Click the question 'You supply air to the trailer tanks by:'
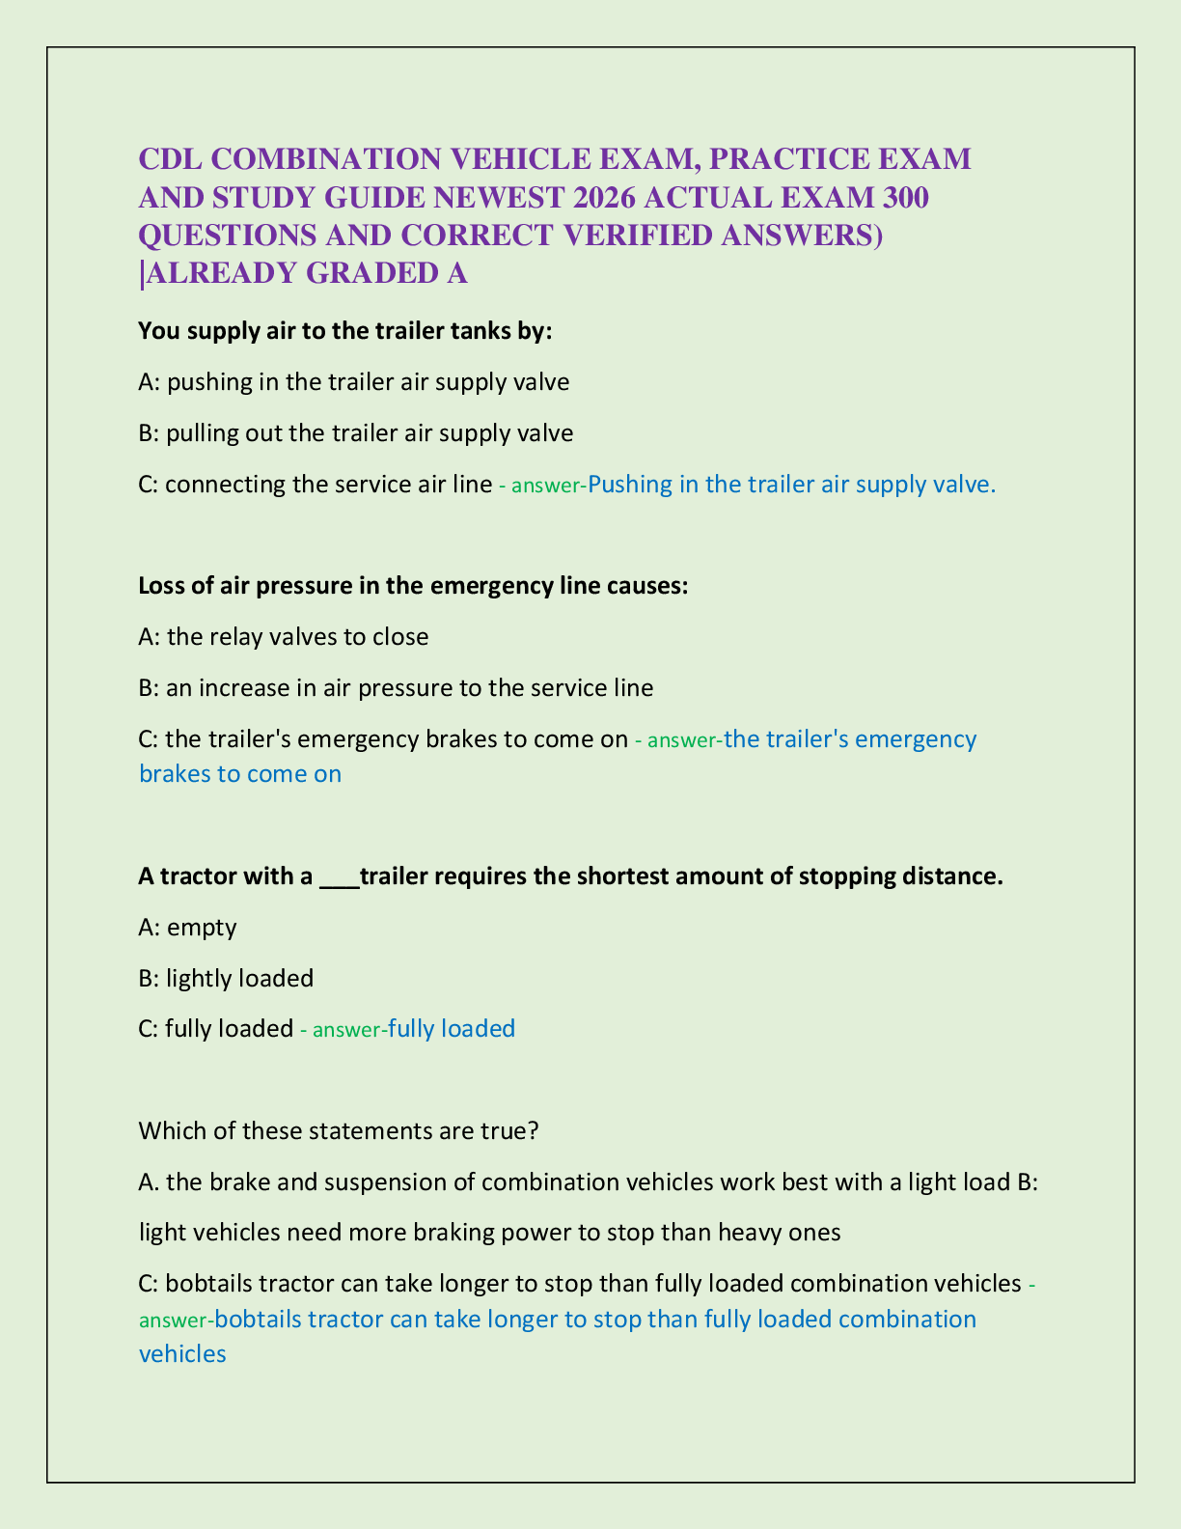point(345,331)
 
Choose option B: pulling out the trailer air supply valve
point(356,432)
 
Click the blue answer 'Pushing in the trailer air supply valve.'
point(791,484)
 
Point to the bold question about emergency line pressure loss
point(413,586)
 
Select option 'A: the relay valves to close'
point(284,637)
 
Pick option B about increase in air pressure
point(396,688)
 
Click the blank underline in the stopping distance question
point(339,877)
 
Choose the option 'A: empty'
point(188,928)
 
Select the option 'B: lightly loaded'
point(227,979)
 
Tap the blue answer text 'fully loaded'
point(452,1029)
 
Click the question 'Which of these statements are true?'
point(339,1130)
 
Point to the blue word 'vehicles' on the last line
point(182,1354)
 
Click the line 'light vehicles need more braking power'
point(489,1233)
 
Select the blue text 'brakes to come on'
point(240,774)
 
